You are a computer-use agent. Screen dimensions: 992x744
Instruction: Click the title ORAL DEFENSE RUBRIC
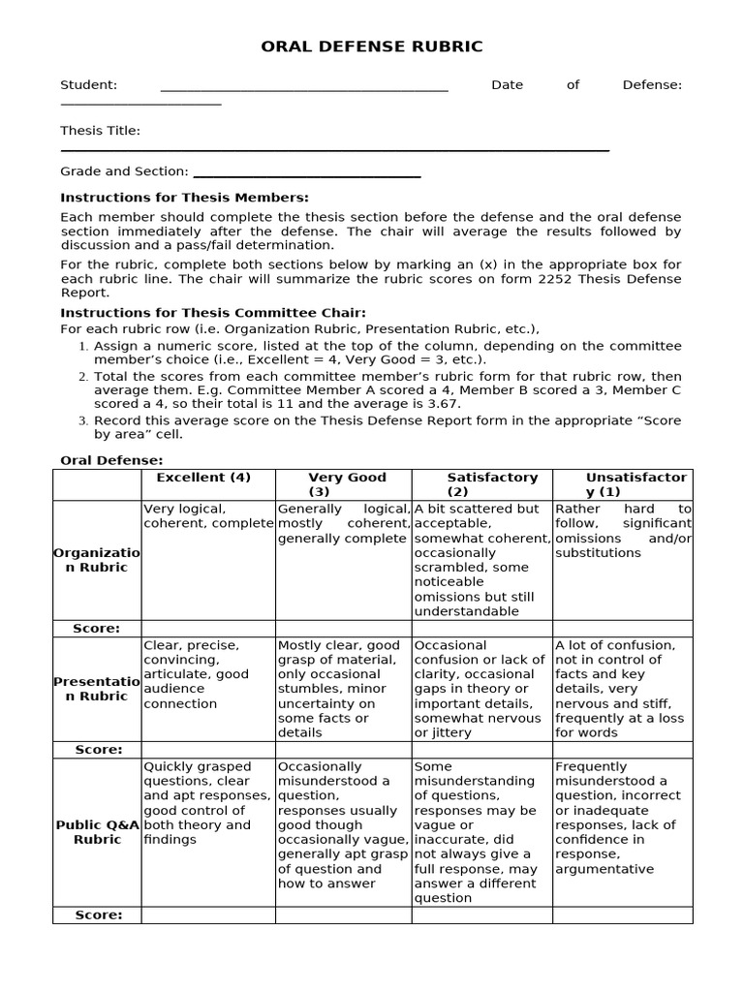click(372, 46)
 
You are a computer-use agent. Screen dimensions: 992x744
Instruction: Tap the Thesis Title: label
click(100, 131)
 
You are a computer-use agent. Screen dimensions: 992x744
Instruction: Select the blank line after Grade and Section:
click(307, 174)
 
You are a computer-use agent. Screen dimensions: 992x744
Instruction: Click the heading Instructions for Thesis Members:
click(184, 198)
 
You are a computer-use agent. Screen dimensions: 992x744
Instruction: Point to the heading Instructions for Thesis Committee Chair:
click(213, 312)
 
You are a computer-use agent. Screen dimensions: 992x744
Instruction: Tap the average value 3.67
click(445, 403)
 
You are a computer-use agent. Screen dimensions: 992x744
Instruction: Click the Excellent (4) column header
click(203, 478)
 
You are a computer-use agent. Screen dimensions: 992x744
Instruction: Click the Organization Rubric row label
click(97, 560)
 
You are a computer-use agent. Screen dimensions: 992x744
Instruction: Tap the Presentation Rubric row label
click(97, 689)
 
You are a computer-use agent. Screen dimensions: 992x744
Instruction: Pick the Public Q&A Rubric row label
click(97, 832)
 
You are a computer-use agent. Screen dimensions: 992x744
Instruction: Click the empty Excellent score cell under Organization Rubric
click(208, 629)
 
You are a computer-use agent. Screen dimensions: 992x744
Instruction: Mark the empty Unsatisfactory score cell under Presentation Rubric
click(623, 750)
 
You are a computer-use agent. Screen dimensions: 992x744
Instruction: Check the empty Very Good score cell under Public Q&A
click(344, 915)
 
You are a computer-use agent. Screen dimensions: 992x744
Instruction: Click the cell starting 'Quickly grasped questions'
click(208, 803)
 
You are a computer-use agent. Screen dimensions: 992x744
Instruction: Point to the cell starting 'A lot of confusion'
click(623, 689)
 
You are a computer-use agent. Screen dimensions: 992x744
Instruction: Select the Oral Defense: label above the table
click(112, 460)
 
